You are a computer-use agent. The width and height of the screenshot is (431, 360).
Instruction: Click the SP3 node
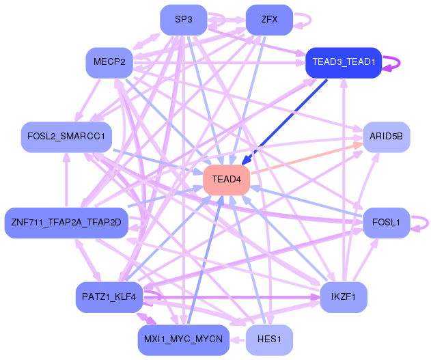183,20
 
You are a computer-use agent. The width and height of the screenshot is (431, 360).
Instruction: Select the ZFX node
269,20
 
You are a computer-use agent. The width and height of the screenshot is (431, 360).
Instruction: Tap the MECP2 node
109,63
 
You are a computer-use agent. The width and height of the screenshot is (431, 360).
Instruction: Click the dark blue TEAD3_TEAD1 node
344,63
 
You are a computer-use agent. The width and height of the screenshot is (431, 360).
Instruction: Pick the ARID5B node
386,137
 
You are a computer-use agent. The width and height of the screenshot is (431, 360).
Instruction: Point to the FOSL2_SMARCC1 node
66,137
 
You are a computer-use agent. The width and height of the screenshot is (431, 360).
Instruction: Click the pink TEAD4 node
226,180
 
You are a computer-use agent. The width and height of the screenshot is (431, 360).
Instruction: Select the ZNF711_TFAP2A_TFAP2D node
66,223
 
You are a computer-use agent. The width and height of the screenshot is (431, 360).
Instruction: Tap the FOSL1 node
386,223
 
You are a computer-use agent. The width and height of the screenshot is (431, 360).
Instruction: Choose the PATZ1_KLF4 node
109,297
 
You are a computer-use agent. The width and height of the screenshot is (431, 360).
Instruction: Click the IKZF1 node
344,297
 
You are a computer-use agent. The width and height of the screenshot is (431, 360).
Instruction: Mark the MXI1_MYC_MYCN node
183,340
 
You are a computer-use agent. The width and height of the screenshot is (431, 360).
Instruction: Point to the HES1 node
269,340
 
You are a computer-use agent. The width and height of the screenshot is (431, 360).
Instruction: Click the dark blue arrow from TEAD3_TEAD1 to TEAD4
284,122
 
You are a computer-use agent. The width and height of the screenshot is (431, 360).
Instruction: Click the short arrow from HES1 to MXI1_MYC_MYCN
238,340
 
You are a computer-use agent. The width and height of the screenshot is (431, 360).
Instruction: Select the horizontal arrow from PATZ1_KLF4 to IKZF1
232,297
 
